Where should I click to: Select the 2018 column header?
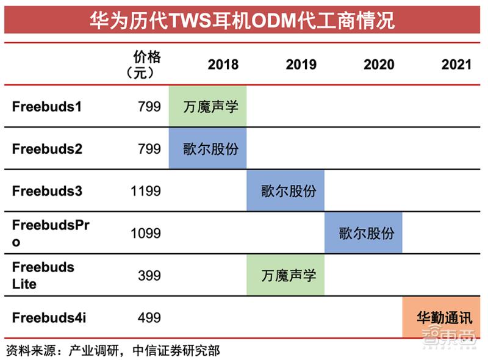(223, 64)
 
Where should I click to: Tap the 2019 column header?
(301, 64)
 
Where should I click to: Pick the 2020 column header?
(379, 64)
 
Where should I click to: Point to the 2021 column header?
(456, 64)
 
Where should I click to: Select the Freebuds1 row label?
(47, 106)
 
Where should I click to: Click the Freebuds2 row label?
(47, 148)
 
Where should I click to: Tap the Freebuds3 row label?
(47, 191)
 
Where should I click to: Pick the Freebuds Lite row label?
(43, 275)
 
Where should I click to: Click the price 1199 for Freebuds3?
(146, 191)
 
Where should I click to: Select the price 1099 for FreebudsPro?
(146, 233)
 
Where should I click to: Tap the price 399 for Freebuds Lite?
(149, 275)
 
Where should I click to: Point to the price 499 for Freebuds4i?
(149, 317)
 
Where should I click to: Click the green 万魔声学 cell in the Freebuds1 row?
(207, 106)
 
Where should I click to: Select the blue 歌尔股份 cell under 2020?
(364, 232)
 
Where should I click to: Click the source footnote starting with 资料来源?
(113, 350)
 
